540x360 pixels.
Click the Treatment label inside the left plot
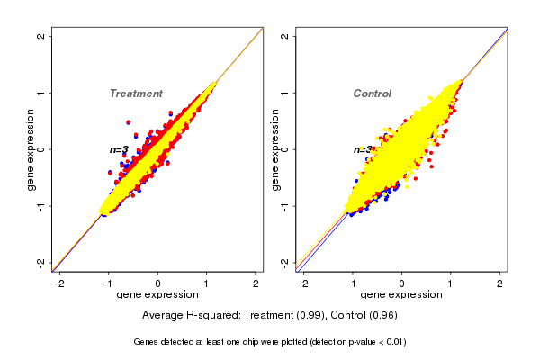coord(136,94)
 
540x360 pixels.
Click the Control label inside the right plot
coord(372,94)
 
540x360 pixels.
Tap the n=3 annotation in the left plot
coord(119,149)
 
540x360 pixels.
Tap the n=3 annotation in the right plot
coord(363,150)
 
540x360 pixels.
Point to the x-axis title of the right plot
coord(400,295)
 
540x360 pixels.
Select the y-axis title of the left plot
coord(32,149)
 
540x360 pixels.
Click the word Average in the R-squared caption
coord(163,316)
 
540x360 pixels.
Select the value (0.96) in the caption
coord(382,316)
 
